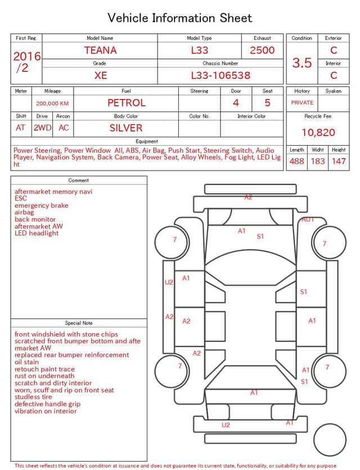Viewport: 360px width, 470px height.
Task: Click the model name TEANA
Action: [x=100, y=50]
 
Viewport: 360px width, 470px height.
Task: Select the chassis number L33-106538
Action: [x=220, y=75]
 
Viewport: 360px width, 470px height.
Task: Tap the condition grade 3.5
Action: [x=302, y=63]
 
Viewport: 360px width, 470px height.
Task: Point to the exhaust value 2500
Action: [x=262, y=50]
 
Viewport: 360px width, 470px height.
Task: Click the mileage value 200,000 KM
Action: [x=52, y=104]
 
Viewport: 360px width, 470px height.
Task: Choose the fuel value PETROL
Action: [x=127, y=103]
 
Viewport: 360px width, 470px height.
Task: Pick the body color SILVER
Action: [x=126, y=128]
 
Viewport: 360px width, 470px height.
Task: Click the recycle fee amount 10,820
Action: [x=318, y=132]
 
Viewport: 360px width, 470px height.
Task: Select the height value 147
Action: [x=339, y=161]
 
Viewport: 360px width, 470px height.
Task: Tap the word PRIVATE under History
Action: [x=302, y=103]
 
